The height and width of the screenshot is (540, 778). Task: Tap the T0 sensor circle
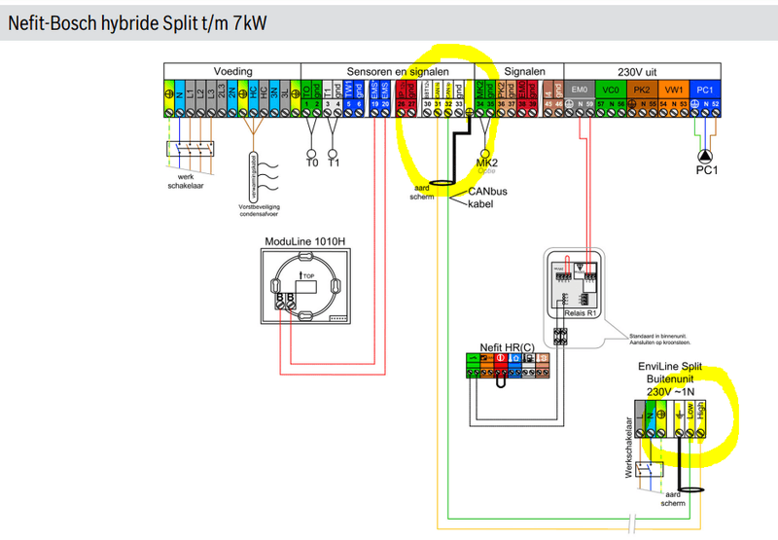tap(312, 154)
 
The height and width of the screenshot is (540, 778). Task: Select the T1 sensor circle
tap(334, 154)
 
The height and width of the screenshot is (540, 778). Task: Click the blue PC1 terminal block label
tap(706, 89)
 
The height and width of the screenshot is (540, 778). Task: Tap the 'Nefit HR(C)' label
tap(507, 346)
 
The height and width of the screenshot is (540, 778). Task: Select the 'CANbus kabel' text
tap(488, 198)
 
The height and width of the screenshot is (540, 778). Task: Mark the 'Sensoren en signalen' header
tap(387, 71)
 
